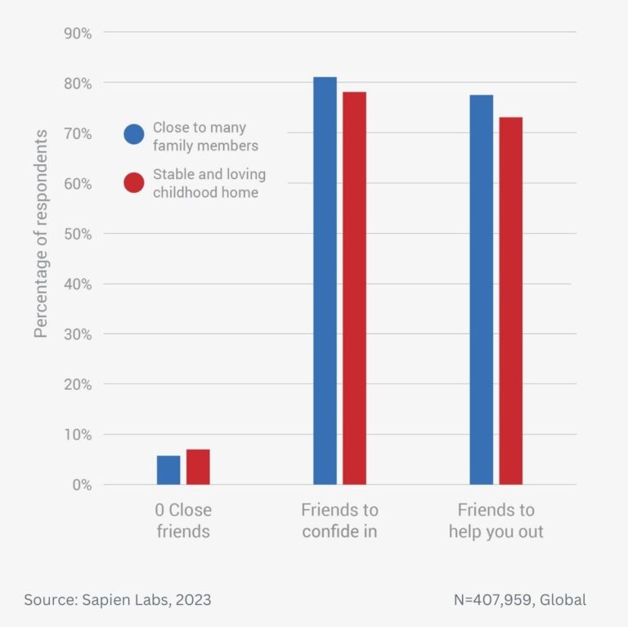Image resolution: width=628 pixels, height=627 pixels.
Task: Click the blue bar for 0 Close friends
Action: coord(168,470)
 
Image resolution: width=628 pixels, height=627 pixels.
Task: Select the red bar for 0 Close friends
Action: coord(198,467)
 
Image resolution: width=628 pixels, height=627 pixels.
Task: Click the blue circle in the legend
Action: coord(134,134)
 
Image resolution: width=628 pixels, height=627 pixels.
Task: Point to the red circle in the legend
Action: coord(134,183)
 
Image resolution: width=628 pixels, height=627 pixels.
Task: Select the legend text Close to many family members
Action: coord(204,137)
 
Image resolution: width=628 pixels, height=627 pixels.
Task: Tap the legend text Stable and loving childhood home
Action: coord(209,184)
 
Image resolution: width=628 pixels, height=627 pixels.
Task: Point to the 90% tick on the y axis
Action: coord(77,33)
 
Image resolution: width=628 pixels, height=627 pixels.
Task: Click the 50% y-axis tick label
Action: coord(77,234)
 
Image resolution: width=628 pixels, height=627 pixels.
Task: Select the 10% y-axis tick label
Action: coord(77,435)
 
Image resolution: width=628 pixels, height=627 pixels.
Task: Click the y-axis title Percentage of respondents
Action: coord(41,233)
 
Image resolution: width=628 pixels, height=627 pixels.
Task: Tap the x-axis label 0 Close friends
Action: coord(183,521)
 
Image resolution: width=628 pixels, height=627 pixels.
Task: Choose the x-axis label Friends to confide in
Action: coord(339,521)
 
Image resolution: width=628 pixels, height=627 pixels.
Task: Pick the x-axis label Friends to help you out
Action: coord(496,521)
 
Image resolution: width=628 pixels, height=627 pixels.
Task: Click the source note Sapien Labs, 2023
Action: coord(117,600)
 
